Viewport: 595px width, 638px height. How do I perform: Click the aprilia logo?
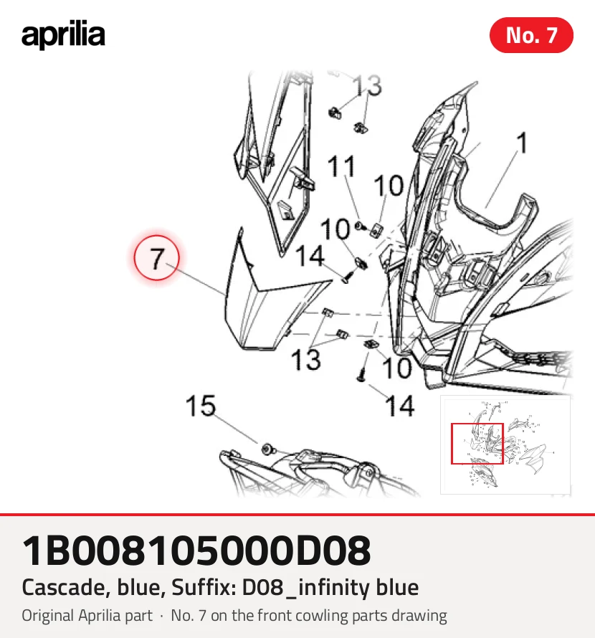[63, 34]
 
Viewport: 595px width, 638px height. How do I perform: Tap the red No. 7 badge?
[531, 35]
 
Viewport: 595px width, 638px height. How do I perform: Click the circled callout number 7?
[157, 257]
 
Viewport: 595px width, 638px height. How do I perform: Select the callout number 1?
[522, 143]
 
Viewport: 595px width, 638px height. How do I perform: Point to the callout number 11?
[342, 166]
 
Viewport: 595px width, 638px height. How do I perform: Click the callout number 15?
[200, 405]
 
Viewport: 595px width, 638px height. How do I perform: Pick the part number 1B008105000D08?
[196, 551]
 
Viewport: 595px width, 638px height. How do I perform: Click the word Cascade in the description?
[66, 588]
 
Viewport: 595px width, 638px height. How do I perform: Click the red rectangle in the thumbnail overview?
[477, 444]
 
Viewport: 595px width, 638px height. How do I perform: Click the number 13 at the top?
[367, 85]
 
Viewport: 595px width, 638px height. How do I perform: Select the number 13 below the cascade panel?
[306, 360]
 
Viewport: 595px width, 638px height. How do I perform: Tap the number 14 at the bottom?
[400, 406]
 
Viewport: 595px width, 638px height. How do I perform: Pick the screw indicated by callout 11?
[360, 226]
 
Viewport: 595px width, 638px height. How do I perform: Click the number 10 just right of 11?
[389, 186]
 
